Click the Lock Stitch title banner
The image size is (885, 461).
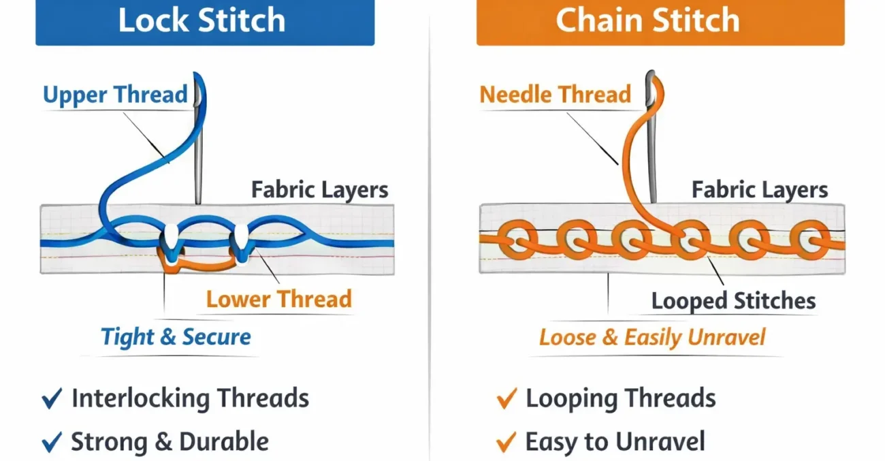[204, 22]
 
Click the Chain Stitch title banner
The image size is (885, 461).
[660, 22]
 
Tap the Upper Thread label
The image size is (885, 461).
[115, 95]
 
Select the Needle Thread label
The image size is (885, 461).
[556, 95]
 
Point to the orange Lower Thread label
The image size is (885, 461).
[279, 299]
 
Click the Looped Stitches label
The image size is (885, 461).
[733, 301]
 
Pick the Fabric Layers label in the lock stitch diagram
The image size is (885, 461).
[320, 189]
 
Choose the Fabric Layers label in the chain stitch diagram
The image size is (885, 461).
[760, 189]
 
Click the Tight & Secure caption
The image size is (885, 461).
[176, 336]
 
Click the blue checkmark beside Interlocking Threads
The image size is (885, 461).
[52, 399]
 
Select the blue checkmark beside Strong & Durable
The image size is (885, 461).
[52, 443]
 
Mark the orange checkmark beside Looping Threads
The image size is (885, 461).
[506, 399]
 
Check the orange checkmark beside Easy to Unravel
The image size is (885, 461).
[506, 443]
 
